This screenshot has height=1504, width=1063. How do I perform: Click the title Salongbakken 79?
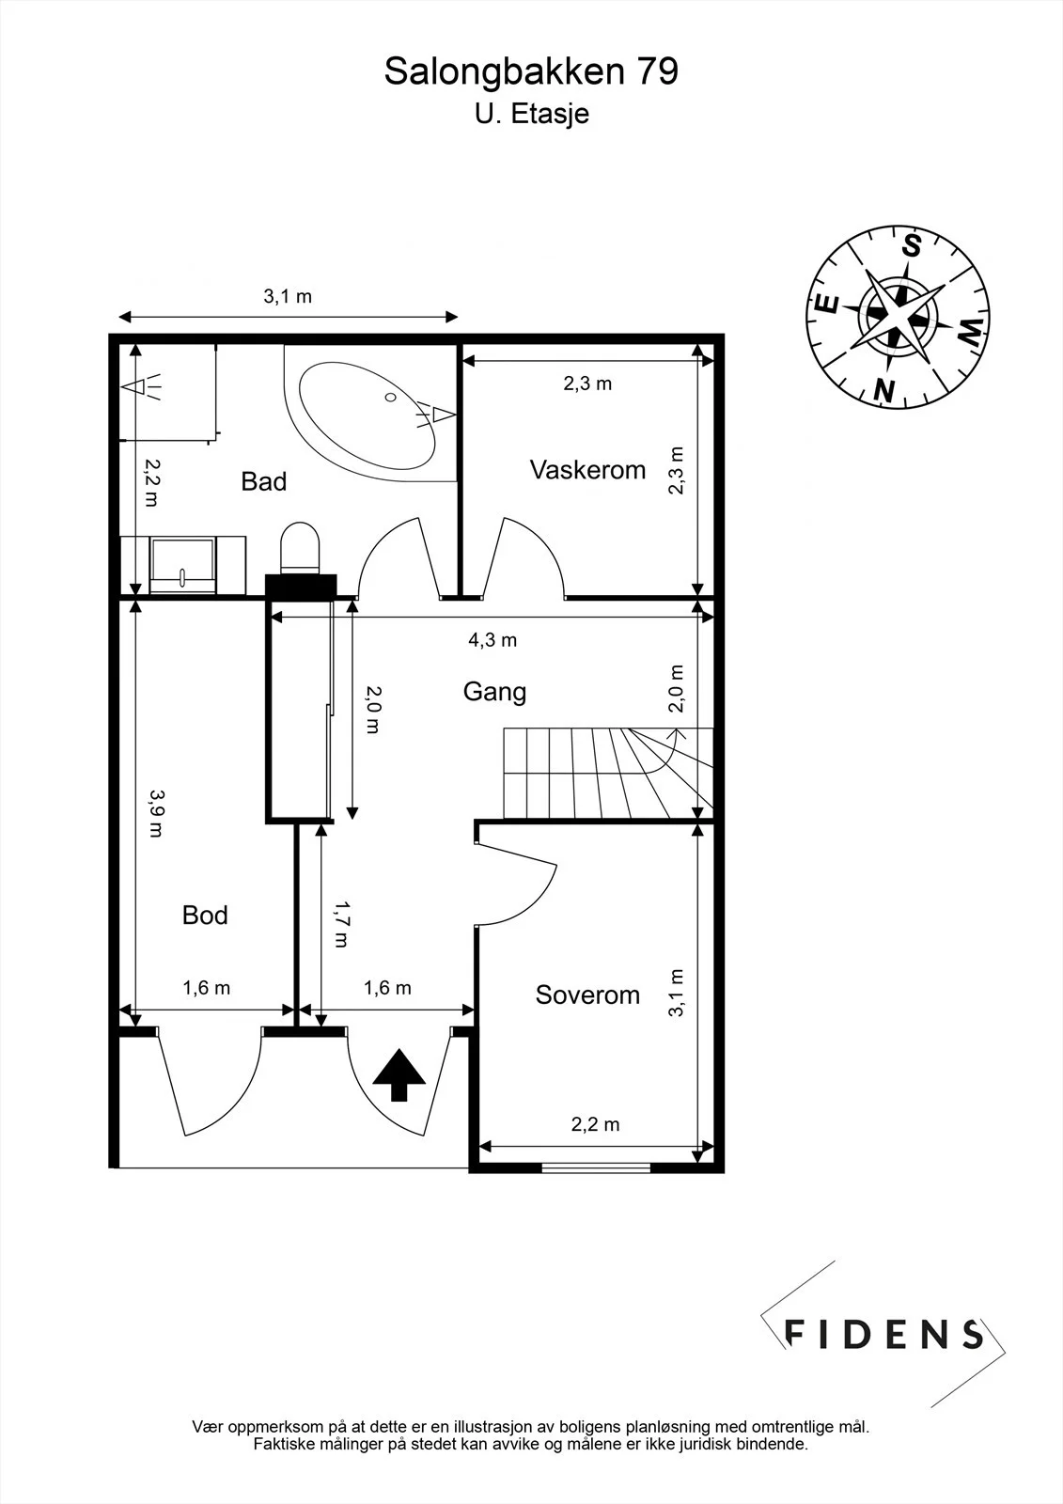click(x=531, y=71)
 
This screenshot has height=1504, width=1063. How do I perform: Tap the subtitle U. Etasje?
click(x=532, y=114)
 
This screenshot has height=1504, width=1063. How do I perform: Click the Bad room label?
click(x=264, y=481)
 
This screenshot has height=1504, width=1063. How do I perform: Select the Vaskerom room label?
click(x=587, y=470)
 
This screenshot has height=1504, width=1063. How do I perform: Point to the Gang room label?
click(x=494, y=692)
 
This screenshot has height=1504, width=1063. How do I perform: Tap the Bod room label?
click(x=205, y=916)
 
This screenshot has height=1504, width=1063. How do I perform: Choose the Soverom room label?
click(x=587, y=995)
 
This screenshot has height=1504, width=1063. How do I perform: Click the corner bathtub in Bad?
click(x=367, y=415)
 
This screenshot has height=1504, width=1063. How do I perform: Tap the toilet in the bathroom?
click(x=300, y=548)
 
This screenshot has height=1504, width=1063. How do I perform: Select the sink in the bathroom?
click(x=182, y=565)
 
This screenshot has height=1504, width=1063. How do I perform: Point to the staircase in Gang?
click(x=608, y=773)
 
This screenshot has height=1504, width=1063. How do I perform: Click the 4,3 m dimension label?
click(x=492, y=640)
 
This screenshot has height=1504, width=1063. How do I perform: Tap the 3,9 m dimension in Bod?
click(x=156, y=812)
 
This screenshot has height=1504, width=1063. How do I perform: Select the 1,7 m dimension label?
click(x=341, y=924)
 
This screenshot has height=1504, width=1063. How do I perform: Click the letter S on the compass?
click(x=912, y=245)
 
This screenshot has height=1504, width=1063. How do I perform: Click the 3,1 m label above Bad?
click(x=288, y=296)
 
